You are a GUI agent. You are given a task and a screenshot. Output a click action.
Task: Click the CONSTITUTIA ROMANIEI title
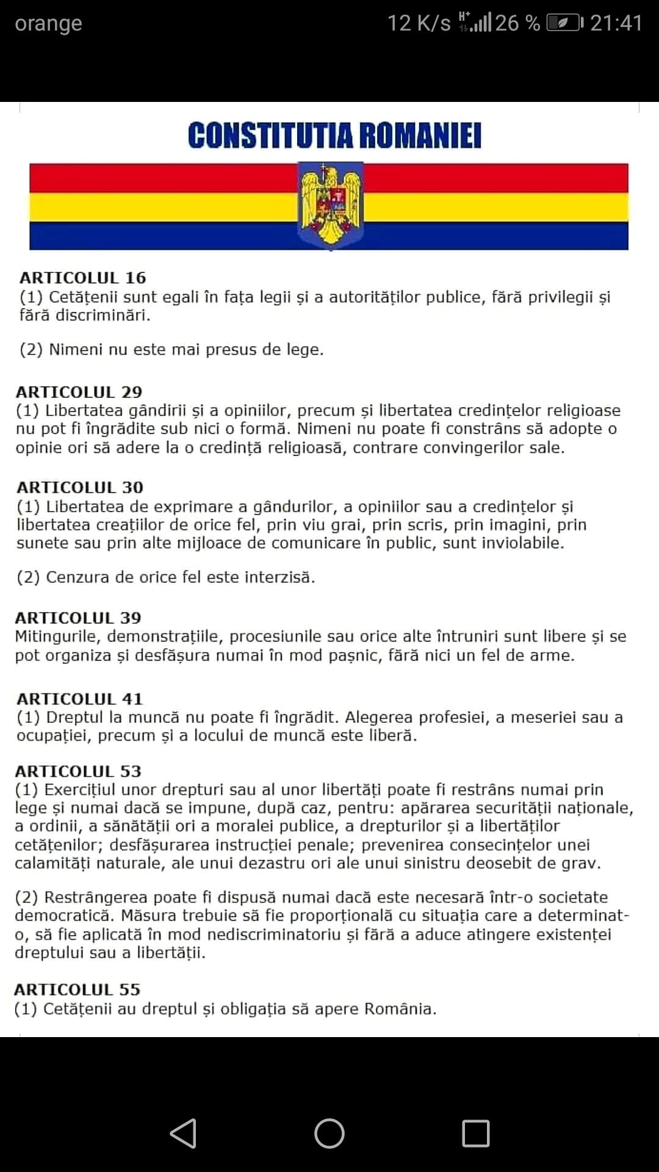(x=334, y=136)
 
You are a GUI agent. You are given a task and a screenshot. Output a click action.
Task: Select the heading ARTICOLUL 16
(x=83, y=278)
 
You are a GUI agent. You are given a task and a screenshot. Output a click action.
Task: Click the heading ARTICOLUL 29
(x=79, y=392)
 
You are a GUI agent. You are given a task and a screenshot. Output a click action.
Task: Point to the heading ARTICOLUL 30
(x=80, y=487)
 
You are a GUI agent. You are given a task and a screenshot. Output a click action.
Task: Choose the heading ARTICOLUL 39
(x=78, y=618)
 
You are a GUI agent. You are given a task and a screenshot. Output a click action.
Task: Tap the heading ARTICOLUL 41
(x=79, y=698)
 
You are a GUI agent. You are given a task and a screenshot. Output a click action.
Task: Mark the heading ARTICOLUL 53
(x=78, y=771)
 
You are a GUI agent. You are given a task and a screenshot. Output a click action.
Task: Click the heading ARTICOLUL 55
(x=77, y=989)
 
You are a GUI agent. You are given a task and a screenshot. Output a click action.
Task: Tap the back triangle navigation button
(x=183, y=1134)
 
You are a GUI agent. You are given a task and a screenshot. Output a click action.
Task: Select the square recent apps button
(x=476, y=1134)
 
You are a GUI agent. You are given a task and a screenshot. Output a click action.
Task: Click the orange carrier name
(x=48, y=23)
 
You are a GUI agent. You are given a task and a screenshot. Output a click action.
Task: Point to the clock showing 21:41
(x=616, y=23)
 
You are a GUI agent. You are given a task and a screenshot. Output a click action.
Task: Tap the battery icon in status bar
(x=564, y=23)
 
